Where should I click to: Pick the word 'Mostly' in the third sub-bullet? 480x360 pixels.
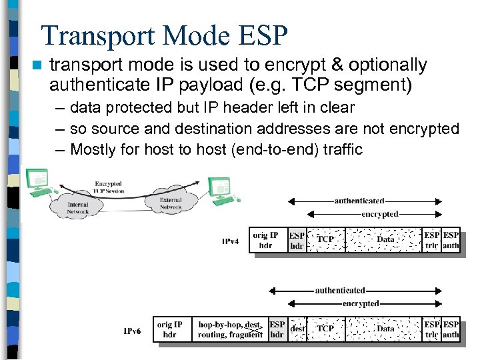point(93,149)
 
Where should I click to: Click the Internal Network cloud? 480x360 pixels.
point(77,208)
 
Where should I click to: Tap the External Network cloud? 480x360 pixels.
point(171,203)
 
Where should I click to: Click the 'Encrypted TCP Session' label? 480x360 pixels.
point(108,187)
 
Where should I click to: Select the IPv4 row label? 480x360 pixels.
point(230,241)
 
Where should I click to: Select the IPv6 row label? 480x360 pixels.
point(132,330)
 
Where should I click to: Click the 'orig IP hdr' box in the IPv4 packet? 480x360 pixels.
point(265,240)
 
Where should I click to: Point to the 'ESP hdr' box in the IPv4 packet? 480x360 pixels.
point(297,240)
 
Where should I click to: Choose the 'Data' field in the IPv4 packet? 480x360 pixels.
point(385,239)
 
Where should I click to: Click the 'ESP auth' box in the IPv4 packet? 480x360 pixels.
point(451,240)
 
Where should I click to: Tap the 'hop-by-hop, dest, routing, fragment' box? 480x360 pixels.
point(230,329)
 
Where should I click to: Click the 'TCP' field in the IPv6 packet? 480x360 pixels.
point(325,329)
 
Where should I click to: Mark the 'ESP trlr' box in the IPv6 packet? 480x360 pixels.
point(432,329)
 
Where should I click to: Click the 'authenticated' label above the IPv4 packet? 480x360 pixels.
point(359,201)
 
